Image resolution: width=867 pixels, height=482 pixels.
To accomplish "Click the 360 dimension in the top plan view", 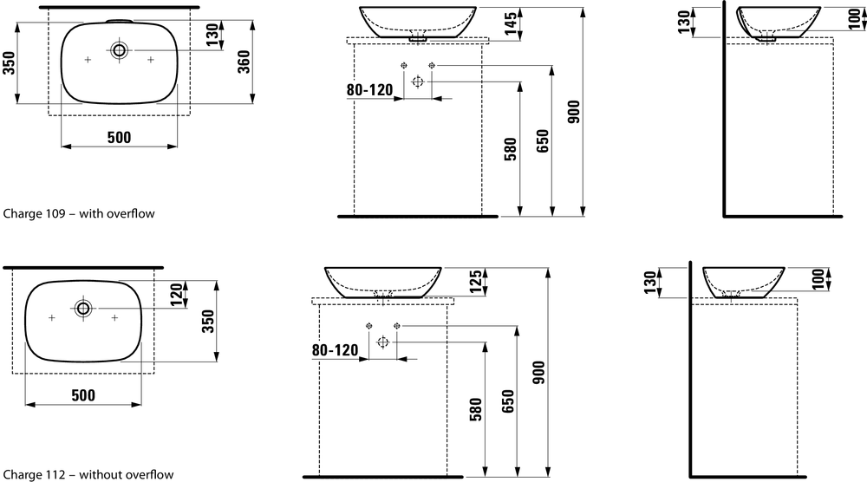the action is [x=244, y=62].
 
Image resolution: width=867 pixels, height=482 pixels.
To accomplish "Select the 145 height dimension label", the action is [x=511, y=24].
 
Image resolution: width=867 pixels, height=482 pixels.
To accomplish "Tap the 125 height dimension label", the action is [x=475, y=282].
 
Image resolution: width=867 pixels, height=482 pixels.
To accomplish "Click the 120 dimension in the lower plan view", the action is [x=176, y=295].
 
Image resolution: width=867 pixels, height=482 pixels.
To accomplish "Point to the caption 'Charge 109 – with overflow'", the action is [x=79, y=213].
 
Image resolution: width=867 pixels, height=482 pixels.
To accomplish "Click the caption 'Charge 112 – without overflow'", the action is [x=88, y=474].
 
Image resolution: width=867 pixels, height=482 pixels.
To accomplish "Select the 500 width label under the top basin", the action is [x=119, y=137].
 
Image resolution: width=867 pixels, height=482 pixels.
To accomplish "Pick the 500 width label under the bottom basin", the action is [x=83, y=395].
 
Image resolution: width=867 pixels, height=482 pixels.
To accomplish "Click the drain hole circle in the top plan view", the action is [x=119, y=50].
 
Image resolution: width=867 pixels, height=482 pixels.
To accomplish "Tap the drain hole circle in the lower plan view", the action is [x=83, y=309].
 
